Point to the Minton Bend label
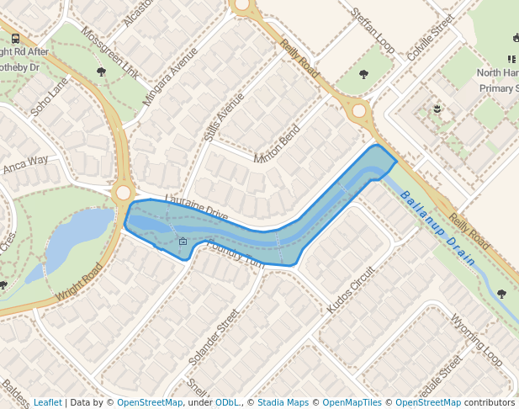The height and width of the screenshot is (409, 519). (x=276, y=145)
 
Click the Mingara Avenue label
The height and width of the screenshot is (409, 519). (x=170, y=75)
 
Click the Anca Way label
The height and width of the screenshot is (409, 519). (x=25, y=163)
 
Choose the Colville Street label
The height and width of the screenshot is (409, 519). (x=430, y=36)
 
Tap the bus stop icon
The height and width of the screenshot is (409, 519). (x=16, y=39)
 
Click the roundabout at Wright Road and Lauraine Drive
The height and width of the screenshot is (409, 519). (x=124, y=193)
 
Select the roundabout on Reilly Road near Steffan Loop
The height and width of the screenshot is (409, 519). (x=359, y=110)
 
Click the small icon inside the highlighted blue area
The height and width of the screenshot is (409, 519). (x=183, y=242)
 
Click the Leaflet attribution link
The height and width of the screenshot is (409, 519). (x=47, y=402)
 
